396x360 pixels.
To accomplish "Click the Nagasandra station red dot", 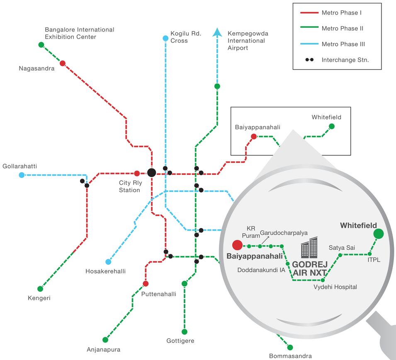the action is pos(63,63).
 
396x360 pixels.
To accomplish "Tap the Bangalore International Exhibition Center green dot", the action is pos(41,45).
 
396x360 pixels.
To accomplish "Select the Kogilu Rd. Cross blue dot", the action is pos(165,39).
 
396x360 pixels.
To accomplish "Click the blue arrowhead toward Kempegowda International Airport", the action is pos(217,32).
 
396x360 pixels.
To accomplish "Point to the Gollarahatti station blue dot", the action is pos(22,175).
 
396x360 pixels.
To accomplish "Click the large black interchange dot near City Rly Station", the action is pos(151,173).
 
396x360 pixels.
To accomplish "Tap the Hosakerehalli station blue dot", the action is pos(108,262).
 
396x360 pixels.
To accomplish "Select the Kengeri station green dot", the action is pos(40,289).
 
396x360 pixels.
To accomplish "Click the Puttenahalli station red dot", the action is pos(146,283).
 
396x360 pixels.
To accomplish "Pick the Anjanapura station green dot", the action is pos(105,340).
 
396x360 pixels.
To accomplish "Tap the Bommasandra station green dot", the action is pos(290,348).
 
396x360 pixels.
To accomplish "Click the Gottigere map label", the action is pos(180,341).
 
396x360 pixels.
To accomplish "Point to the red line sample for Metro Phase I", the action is pos(309,12).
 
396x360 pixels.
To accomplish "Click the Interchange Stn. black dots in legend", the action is pos(309,60).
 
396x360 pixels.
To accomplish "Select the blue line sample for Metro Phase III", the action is pos(309,44).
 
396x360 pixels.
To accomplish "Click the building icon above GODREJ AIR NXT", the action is pos(309,247).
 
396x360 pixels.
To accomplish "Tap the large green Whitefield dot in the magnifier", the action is pos(379,234).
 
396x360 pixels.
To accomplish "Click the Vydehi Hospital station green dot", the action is pos(323,280).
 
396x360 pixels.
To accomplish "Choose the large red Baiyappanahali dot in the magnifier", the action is pos(238,245).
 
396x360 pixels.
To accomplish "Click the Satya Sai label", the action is pos(342,248).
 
